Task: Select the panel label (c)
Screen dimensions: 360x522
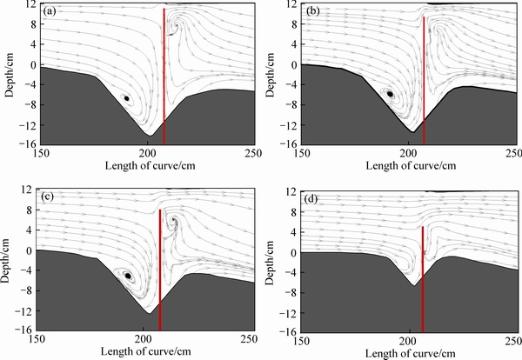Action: tap(49, 197)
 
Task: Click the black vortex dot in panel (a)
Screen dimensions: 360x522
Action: tap(127, 98)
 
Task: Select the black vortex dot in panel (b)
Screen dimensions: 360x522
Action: tap(391, 94)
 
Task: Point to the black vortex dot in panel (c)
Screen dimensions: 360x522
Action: tap(128, 276)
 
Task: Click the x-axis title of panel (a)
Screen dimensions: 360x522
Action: tap(126, 165)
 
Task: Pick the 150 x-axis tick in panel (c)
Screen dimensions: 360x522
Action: tap(40, 338)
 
